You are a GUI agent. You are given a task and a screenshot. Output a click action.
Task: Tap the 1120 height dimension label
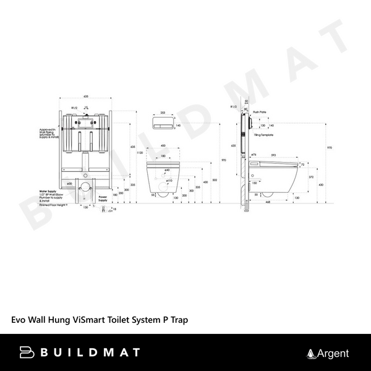click(x=140, y=152)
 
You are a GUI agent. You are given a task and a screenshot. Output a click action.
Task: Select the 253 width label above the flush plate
click(x=163, y=113)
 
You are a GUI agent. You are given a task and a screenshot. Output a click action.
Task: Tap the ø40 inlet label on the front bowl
click(x=167, y=169)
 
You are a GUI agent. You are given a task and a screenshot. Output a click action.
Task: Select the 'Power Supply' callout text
click(x=103, y=198)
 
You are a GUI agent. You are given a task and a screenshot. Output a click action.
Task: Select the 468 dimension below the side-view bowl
click(x=267, y=202)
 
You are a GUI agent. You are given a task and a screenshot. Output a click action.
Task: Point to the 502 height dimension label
click(x=215, y=179)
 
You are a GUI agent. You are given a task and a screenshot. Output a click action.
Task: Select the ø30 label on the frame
click(x=70, y=184)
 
